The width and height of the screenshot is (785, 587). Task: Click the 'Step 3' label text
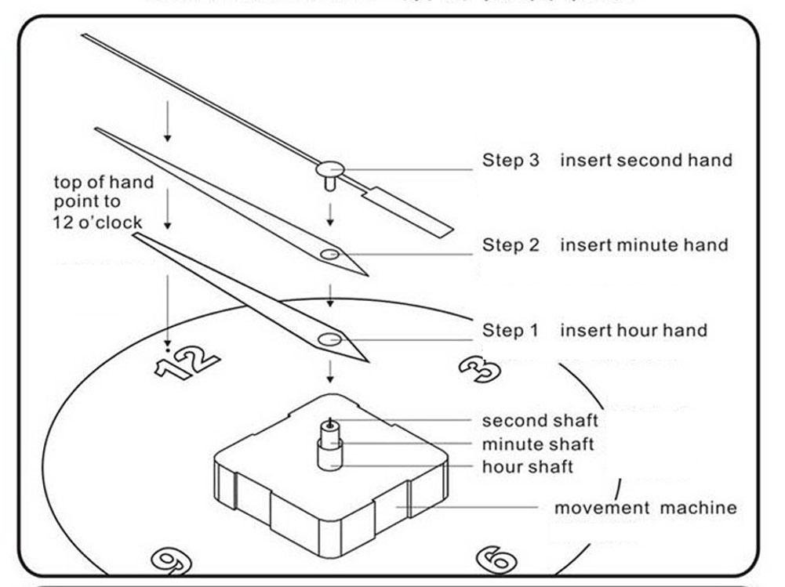click(x=511, y=161)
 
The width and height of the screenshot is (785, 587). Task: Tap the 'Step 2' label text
click(x=511, y=245)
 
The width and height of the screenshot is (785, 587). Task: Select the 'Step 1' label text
click(x=511, y=331)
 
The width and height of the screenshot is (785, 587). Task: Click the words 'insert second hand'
click(x=645, y=161)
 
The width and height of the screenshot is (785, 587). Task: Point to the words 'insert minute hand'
click(x=643, y=245)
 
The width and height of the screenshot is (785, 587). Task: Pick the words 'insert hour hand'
click(x=633, y=331)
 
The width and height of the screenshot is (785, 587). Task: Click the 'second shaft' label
click(x=540, y=422)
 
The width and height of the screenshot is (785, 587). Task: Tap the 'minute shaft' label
click(x=538, y=444)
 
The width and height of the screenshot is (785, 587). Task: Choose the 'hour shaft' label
click(x=527, y=467)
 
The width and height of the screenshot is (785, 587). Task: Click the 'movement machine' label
click(x=645, y=508)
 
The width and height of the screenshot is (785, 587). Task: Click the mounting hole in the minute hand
click(x=329, y=255)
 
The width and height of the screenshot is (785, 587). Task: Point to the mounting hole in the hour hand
click(x=329, y=339)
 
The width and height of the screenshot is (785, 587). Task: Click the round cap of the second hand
click(x=330, y=168)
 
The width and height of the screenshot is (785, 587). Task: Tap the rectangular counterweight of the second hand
click(x=409, y=211)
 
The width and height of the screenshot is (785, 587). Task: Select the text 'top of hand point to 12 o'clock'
click(x=103, y=202)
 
